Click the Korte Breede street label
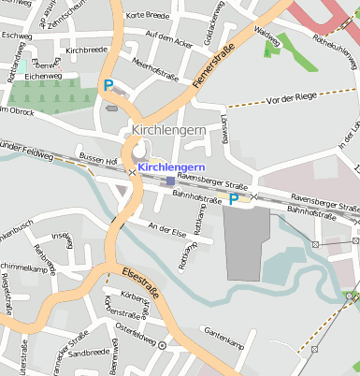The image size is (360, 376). point(147,15)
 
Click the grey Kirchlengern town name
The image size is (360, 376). point(170,130)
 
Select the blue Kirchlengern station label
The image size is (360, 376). point(171,166)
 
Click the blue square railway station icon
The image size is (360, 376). point(168,181)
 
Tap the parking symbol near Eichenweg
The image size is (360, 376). point(108,85)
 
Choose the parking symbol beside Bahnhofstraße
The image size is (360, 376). point(234,198)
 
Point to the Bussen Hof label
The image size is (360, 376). point(97,160)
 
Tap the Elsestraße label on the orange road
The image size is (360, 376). point(140,282)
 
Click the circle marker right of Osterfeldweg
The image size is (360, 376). point(162,345)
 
